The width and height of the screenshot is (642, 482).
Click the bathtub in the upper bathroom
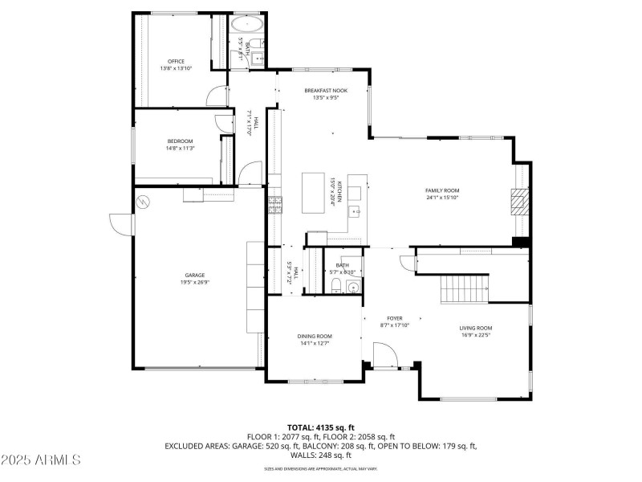248,25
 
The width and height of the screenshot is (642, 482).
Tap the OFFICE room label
176,61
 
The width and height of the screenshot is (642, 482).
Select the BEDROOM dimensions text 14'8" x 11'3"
181,148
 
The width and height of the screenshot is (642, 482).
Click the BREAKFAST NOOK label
325,91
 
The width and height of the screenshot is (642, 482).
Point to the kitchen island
315,193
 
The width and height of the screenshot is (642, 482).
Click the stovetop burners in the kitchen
275,205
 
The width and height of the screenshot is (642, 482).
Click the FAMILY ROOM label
442,190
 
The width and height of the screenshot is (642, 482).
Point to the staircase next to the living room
465,288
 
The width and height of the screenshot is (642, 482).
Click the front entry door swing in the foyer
383,354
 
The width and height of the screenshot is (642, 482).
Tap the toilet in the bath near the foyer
338,288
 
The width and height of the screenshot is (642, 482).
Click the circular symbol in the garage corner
144,202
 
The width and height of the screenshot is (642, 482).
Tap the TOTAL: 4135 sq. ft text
321,427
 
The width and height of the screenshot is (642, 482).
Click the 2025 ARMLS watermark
42,460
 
